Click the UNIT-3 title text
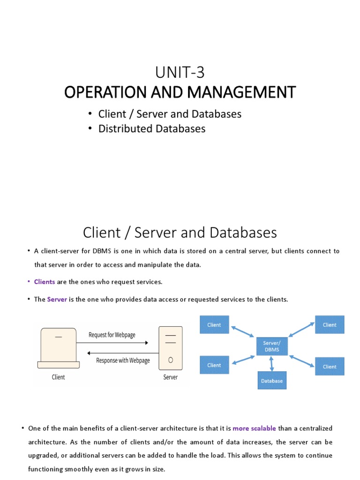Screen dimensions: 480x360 pyautogui.click(x=180, y=73)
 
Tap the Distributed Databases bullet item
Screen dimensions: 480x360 pyautogui.click(x=152, y=128)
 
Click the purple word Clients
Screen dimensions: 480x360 pyautogui.click(x=45, y=282)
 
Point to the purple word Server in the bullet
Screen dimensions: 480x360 pyautogui.click(x=57, y=299)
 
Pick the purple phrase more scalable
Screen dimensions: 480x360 pyautogui.click(x=254, y=428)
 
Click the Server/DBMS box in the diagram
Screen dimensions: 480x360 pyautogui.click(x=272, y=346)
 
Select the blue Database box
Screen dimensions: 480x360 pyautogui.click(x=272, y=381)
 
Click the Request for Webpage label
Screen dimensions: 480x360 pyautogui.click(x=112, y=335)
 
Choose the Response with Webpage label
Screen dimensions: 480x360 pyautogui.click(x=123, y=360)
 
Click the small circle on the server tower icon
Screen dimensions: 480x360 pyautogui.click(x=171, y=360)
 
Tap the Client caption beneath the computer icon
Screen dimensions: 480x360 pyautogui.click(x=58, y=377)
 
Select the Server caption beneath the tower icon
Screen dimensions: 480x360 pyautogui.click(x=170, y=377)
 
